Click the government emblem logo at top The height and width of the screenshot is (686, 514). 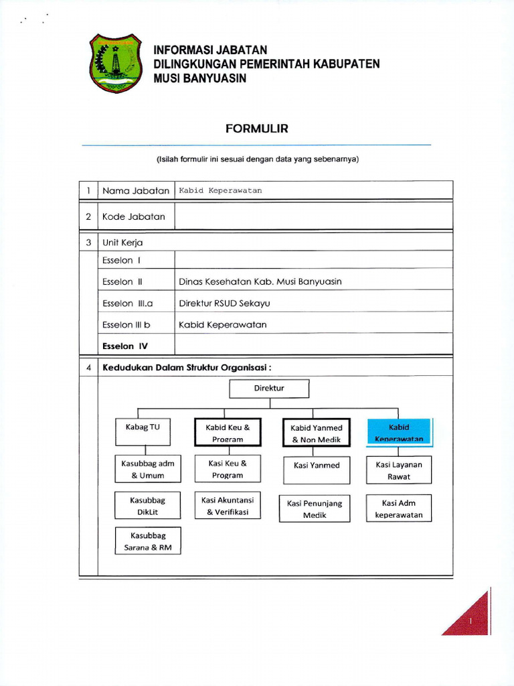[115, 63]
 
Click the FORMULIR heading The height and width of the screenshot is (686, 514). [257, 129]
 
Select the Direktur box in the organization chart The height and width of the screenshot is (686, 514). [270, 389]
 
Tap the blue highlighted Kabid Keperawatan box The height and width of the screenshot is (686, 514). [399, 432]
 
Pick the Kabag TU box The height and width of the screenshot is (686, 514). [143, 432]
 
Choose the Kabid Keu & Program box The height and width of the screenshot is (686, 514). [228, 432]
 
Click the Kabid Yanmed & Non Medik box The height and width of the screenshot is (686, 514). [316, 433]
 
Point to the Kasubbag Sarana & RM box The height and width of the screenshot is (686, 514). [148, 541]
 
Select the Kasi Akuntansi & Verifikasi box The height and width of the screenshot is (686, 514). [228, 506]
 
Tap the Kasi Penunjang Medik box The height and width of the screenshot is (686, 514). [314, 509]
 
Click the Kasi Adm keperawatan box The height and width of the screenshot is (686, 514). [399, 508]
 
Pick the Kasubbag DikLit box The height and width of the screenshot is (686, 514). [148, 506]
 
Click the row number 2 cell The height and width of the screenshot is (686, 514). [88, 216]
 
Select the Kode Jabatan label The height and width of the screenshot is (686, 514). [134, 216]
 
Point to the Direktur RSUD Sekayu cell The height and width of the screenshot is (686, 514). [224, 303]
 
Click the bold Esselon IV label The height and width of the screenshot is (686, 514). [124, 346]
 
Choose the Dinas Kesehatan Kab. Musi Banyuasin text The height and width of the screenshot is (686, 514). [260, 282]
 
